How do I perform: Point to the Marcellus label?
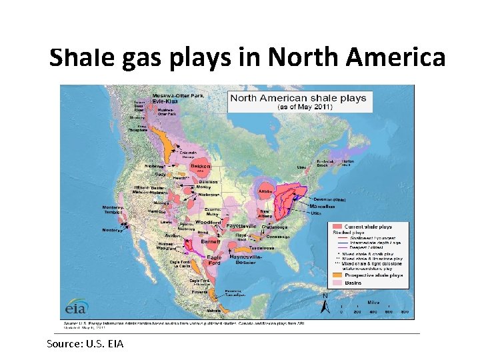322,207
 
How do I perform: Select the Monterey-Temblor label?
113,210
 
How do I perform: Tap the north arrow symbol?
325,304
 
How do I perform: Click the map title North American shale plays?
297,97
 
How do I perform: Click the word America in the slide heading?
401,58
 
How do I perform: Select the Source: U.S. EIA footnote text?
85,343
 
